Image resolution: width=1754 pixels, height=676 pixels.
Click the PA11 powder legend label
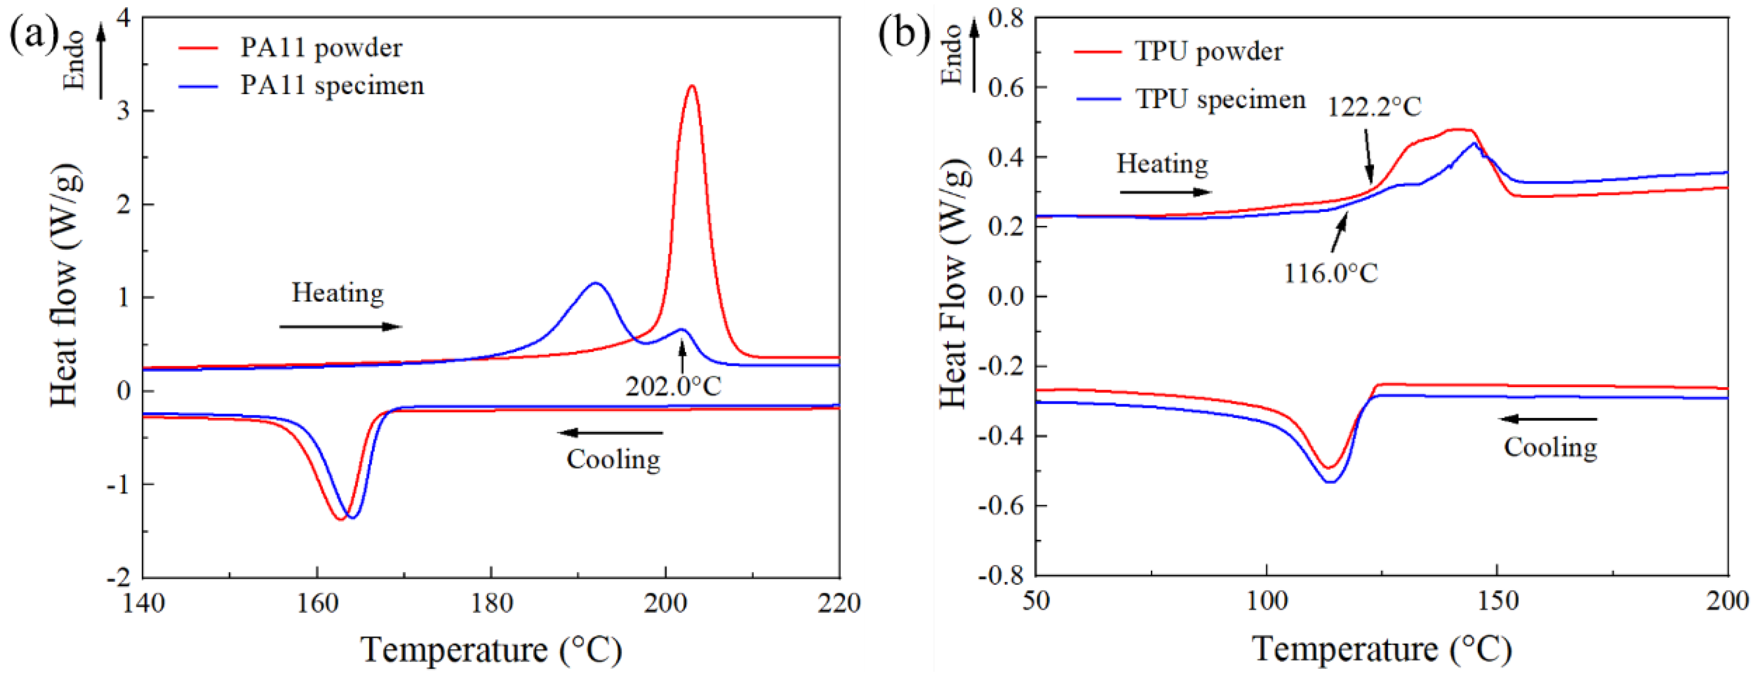(321, 48)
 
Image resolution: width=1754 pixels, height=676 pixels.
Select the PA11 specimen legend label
(332, 86)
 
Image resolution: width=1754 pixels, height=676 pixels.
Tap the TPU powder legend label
(1208, 52)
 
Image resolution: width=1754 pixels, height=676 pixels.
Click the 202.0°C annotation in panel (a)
(673, 387)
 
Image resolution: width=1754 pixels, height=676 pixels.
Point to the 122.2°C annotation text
(1374, 107)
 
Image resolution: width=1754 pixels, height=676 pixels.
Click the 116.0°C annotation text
(1330, 273)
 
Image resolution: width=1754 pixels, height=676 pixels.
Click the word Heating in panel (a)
(338, 294)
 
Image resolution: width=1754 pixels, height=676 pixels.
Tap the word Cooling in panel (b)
(1550, 448)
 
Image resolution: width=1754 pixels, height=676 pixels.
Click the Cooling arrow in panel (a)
(610, 432)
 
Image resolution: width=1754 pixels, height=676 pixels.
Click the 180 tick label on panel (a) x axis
(491, 603)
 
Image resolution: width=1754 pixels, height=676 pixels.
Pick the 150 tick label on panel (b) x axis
(1497, 602)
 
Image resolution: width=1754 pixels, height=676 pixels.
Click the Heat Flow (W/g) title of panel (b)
(954, 286)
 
